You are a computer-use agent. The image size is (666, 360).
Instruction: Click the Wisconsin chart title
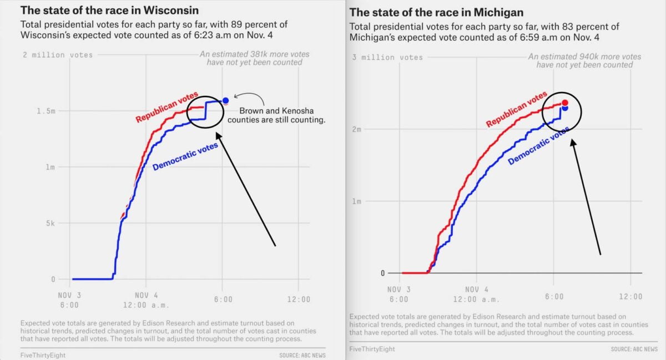tap(109, 11)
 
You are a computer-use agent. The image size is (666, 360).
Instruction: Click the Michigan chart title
tap(436, 12)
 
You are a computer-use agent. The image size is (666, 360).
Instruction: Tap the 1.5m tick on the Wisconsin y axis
tap(46, 111)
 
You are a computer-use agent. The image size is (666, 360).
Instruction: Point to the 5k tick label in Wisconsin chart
tap(51, 223)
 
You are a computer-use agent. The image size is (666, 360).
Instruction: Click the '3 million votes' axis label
tap(387, 57)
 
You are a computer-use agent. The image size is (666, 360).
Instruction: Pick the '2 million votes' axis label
tap(58, 54)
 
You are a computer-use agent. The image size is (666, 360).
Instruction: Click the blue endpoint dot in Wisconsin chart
tap(225, 100)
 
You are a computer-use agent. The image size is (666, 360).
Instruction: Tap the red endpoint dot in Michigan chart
tap(564, 103)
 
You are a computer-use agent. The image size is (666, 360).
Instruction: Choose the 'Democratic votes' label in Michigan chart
tap(538, 145)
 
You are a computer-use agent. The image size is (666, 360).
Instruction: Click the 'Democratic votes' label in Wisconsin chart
tap(185, 156)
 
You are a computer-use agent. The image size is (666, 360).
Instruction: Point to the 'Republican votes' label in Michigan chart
tap(516, 109)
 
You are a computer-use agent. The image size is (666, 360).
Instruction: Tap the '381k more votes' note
tap(255, 58)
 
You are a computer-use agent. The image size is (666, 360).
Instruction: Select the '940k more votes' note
tap(584, 60)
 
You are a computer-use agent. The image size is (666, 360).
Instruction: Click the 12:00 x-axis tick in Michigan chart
tap(631, 297)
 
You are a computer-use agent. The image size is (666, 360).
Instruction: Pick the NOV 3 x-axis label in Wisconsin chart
tap(69, 300)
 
